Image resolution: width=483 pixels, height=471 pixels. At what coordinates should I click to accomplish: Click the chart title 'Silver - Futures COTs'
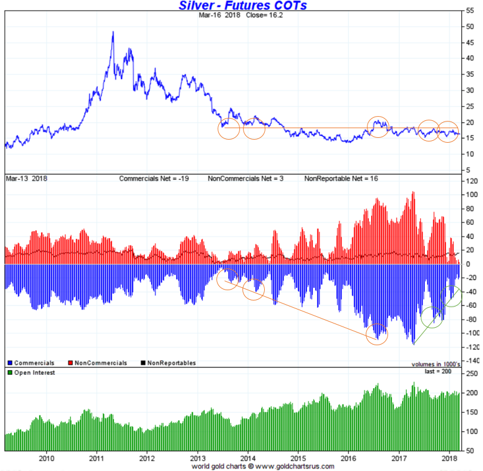(242, 5)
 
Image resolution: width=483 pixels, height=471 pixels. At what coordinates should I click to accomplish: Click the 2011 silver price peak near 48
(113, 32)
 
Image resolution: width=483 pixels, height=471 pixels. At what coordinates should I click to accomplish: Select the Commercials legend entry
(33, 363)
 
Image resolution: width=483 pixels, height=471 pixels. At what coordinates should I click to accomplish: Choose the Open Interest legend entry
(34, 372)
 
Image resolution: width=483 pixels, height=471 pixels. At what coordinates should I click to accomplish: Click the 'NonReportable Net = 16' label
(341, 179)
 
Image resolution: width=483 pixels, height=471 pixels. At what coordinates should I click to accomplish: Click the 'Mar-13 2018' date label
(26, 179)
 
